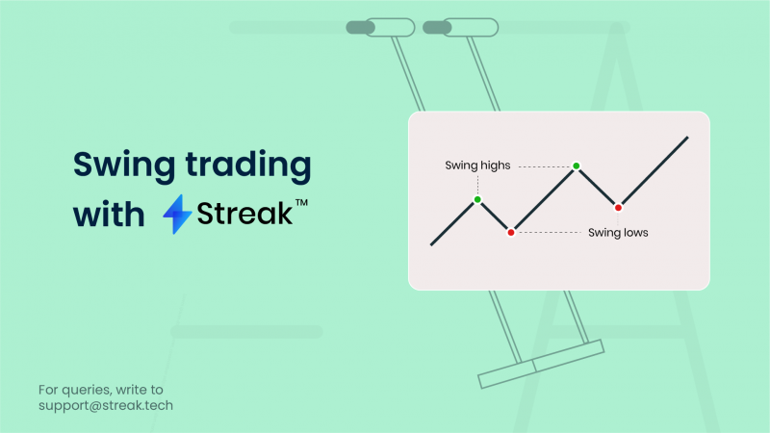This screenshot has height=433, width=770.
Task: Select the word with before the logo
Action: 108,213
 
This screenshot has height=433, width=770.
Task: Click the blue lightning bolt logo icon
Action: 177,214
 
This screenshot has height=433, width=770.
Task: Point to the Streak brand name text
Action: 244,213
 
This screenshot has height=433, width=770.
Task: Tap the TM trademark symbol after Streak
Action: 301,204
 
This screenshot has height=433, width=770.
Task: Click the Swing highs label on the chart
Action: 477,166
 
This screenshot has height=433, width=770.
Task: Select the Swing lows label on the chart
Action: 618,232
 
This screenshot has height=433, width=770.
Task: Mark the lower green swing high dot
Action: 477,200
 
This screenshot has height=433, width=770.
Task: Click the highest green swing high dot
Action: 576,166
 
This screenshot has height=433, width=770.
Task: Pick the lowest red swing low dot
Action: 511,232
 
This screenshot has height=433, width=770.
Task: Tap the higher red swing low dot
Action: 618,207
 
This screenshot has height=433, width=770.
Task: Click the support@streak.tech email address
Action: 106,405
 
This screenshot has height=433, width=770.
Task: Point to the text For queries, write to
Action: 100,390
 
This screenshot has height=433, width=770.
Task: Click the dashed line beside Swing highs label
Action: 544,166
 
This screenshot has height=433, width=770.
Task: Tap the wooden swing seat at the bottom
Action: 541,364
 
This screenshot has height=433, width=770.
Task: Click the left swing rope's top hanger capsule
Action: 374,27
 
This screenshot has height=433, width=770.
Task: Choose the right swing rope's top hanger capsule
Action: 460,27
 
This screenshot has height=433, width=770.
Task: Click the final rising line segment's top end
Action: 687,138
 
